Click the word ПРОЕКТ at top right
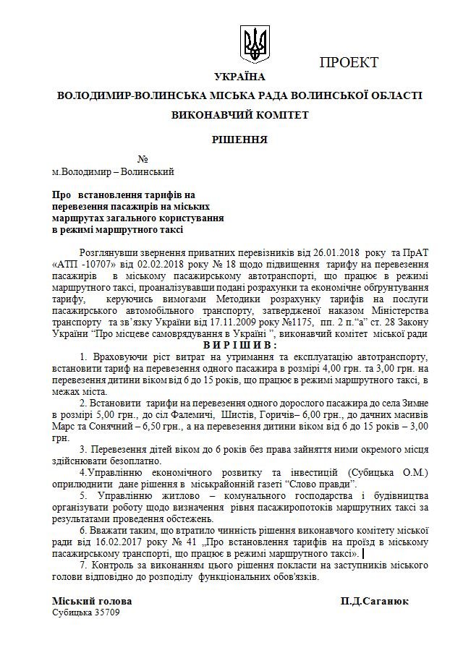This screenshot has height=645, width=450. pyautogui.click(x=349, y=63)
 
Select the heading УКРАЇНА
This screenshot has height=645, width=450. pyautogui.click(x=240, y=77)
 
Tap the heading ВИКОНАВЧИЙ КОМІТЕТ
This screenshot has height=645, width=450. pyautogui.click(x=239, y=114)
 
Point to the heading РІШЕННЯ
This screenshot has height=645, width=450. pyautogui.click(x=239, y=139)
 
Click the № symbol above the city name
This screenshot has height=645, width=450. pyautogui.click(x=143, y=159)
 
